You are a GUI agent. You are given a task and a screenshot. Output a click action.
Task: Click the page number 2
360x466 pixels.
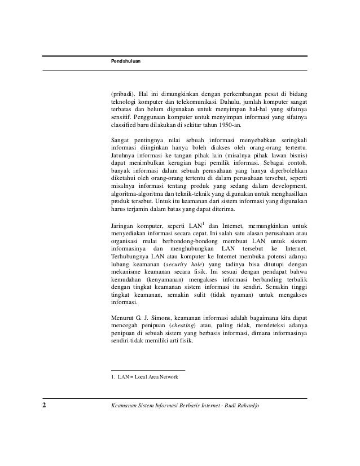coord(45,406)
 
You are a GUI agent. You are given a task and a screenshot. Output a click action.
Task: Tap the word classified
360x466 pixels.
coord(125,125)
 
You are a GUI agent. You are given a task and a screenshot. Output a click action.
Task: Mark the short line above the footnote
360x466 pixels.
coord(148,370)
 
